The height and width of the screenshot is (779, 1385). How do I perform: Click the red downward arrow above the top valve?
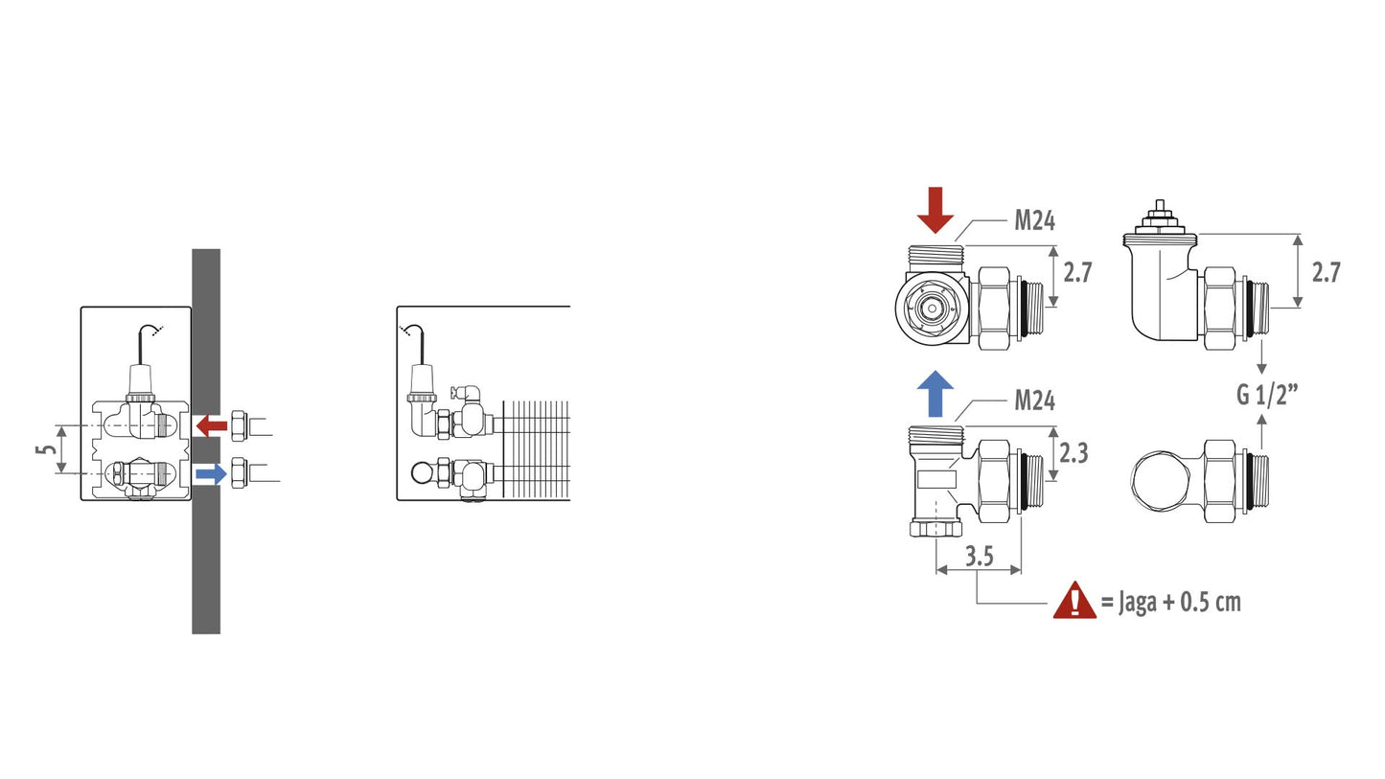(x=935, y=210)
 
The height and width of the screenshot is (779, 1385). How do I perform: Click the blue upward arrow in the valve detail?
(x=935, y=393)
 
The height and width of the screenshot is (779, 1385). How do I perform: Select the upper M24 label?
(x=1034, y=220)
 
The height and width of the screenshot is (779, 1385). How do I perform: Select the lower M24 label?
(x=1034, y=401)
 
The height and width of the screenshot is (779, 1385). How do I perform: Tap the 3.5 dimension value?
(x=980, y=557)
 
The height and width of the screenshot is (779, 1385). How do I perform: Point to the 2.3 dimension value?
(x=1073, y=453)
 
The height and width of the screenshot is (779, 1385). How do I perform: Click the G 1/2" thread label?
(x=1266, y=395)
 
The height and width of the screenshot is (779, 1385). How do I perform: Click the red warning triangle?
(x=1074, y=601)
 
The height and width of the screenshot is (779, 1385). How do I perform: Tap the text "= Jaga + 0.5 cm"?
(x=1171, y=602)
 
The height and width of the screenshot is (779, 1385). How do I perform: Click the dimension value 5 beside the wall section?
(x=45, y=449)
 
